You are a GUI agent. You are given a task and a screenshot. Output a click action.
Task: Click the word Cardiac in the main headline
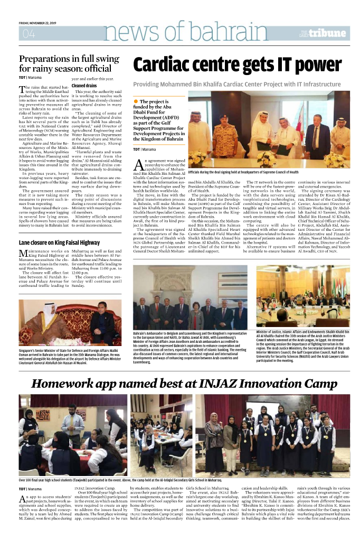point(168,66)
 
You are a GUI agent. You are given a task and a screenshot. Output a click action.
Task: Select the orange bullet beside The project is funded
point(136,101)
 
